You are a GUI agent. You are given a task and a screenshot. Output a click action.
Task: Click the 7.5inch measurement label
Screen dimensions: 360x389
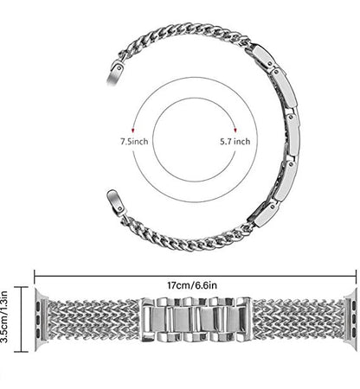[x=134, y=142]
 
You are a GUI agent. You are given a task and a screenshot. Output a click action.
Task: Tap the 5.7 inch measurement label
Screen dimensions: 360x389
[x=235, y=142]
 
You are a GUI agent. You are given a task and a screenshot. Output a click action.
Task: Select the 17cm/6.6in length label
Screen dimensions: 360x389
[x=192, y=285]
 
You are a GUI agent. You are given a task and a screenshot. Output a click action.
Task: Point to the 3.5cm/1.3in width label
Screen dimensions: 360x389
[x=4, y=316]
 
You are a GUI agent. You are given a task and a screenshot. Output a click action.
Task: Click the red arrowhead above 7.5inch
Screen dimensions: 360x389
[x=133, y=131]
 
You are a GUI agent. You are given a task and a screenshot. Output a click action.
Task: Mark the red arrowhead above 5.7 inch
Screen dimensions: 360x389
[x=235, y=131]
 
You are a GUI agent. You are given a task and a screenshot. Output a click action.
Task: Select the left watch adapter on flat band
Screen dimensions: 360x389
[x=41, y=319]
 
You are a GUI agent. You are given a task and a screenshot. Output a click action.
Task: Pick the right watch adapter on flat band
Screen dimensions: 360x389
[x=350, y=319]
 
